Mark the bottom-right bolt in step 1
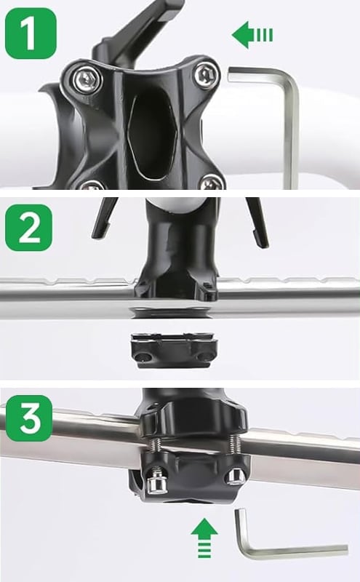pyautogui.click(x=212, y=181)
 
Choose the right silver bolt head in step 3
pyautogui.click(x=234, y=477)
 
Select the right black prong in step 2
pyautogui.click(x=257, y=220)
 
